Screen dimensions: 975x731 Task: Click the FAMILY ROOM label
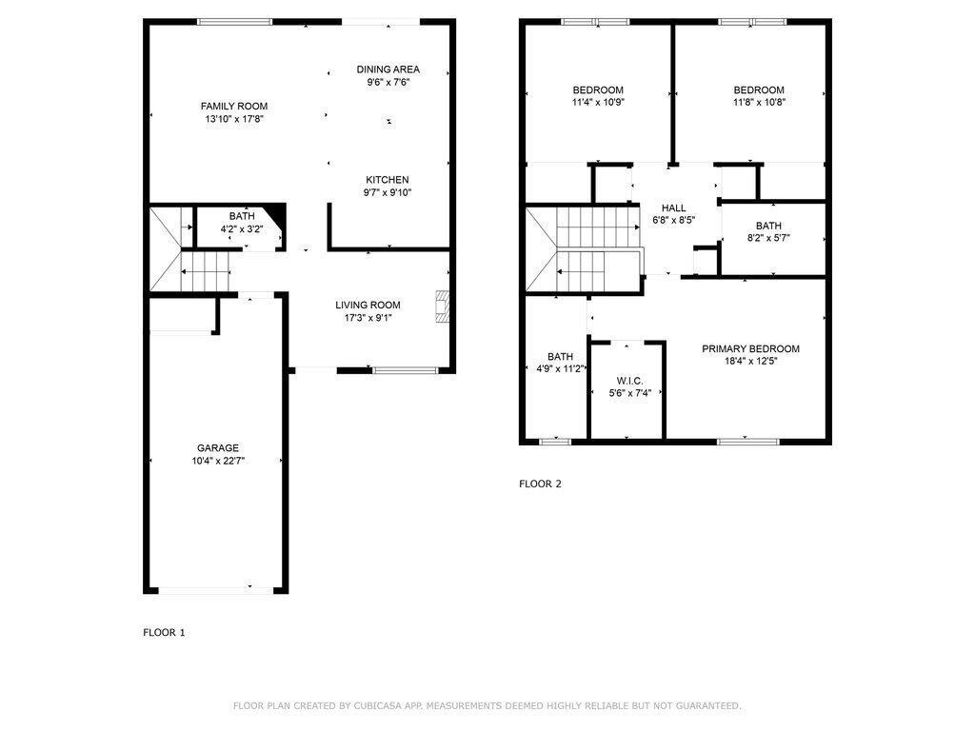coord(234,107)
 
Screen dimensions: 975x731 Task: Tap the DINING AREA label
coord(388,69)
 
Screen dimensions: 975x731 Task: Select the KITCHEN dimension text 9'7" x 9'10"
coord(388,192)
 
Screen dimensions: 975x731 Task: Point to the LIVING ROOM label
coord(368,306)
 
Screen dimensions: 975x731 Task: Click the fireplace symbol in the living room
coord(442,306)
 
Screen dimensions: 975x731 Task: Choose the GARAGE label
coord(218,448)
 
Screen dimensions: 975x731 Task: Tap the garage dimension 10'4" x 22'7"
coord(218,462)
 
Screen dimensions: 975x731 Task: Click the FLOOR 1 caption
coord(164,633)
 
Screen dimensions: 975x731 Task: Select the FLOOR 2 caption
coord(541,484)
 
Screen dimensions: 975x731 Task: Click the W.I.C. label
coord(630,381)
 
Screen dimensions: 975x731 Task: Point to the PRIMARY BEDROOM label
coord(750,348)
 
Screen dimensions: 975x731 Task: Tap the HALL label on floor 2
coord(673,208)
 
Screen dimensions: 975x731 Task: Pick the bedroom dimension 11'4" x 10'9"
coord(598,103)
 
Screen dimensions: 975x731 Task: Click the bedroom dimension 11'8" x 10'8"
coord(759,103)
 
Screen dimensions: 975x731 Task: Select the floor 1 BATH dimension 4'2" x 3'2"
coord(242,228)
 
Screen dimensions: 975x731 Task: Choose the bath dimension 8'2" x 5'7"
coord(768,238)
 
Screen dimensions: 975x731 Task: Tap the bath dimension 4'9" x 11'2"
coord(561,369)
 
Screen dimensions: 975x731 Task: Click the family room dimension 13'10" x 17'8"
coord(234,119)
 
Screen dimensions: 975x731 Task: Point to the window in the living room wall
coord(406,370)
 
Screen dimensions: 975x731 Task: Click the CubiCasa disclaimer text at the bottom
coord(487,705)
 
